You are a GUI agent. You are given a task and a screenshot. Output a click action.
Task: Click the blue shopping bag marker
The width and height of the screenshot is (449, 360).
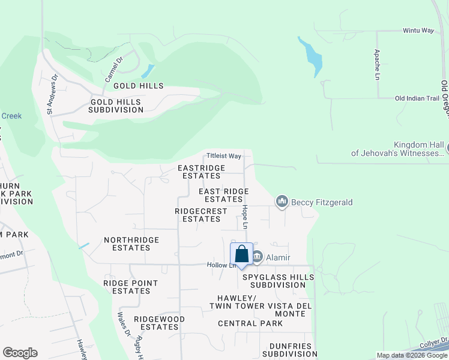[x=241, y=255]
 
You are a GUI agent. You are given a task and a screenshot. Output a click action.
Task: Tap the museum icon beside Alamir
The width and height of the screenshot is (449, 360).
[x=257, y=257]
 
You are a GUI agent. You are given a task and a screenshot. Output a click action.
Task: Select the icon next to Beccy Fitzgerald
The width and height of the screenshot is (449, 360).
[x=282, y=202]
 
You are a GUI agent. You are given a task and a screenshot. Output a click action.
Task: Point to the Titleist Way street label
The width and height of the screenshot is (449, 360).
[x=224, y=155]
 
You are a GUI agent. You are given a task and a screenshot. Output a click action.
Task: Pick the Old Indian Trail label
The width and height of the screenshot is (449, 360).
[x=417, y=98]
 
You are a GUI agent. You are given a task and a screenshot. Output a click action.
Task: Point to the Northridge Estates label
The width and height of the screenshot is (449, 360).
[x=131, y=244]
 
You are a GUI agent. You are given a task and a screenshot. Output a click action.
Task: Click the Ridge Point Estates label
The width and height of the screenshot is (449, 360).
[x=130, y=287]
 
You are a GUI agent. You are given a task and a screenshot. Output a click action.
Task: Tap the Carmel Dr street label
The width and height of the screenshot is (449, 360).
[x=113, y=70]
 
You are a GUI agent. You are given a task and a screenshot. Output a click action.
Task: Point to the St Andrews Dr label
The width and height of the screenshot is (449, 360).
[x=52, y=94]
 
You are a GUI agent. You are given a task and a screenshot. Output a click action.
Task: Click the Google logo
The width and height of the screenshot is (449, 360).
[x=20, y=353]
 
